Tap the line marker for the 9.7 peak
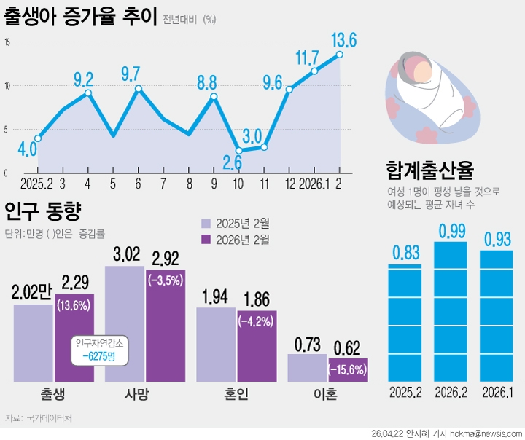(138, 89)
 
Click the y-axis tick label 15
(7, 42)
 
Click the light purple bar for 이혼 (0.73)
(307, 368)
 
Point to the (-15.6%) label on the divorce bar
(348, 370)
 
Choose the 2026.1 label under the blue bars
(497, 394)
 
